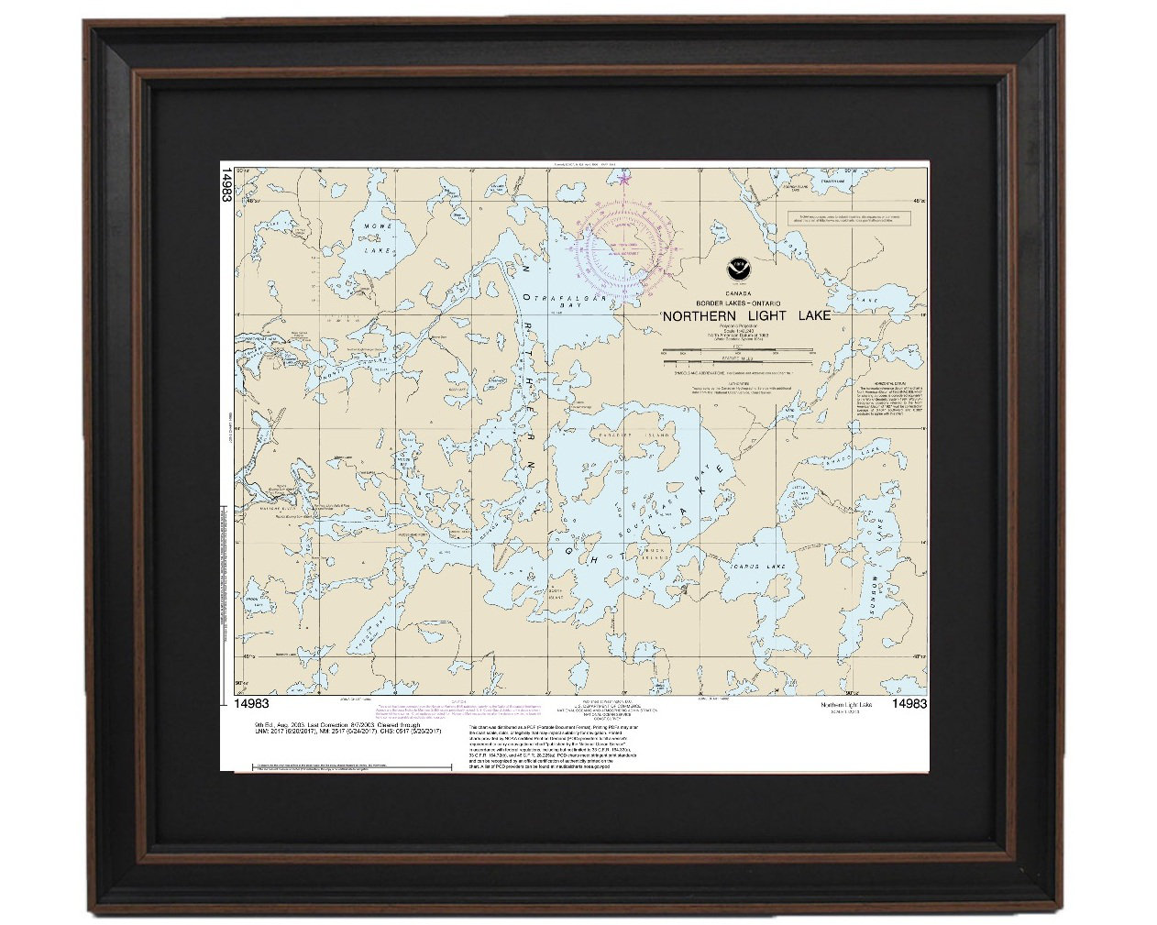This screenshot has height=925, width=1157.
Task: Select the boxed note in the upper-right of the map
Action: click(851, 219)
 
